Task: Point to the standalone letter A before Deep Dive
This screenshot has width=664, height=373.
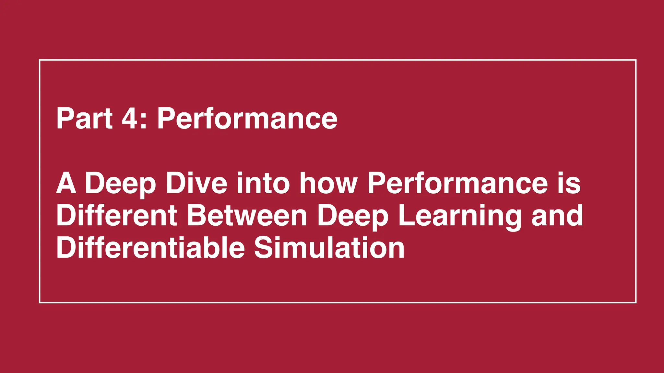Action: pyautogui.click(x=66, y=183)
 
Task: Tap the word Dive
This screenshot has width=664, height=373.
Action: pyautogui.click(x=196, y=183)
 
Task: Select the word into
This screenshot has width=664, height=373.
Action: pyautogui.click(x=263, y=183)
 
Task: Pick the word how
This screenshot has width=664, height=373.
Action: pyautogui.click(x=328, y=183)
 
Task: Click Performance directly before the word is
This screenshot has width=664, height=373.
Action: pyautogui.click(x=457, y=183)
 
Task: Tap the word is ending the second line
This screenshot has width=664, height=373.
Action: pyautogui.click(x=569, y=183)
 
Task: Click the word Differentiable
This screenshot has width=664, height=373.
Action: pyautogui.click(x=150, y=248)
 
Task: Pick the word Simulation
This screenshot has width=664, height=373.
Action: pyautogui.click(x=329, y=248)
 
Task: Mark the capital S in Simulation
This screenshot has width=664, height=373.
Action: pyautogui.click(x=264, y=248)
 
